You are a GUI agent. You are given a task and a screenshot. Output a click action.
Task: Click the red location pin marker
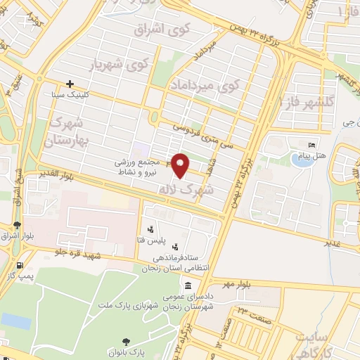pyautogui.click(x=181, y=165)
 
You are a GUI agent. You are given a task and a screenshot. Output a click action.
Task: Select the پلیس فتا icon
pyautogui.click(x=151, y=229)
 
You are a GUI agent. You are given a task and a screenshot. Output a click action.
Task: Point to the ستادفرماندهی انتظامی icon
pyautogui.click(x=175, y=247)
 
